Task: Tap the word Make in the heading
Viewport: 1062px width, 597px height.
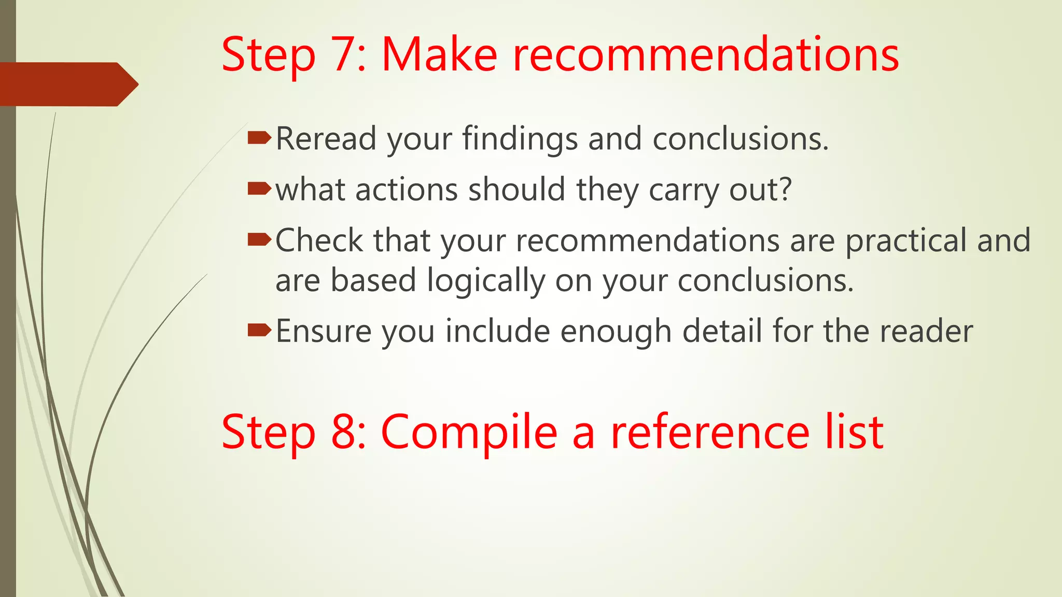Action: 439,55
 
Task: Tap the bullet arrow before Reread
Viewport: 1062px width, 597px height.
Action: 259,138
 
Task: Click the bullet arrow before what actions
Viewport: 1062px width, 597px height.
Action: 259,188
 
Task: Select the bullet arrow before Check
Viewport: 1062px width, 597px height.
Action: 259,239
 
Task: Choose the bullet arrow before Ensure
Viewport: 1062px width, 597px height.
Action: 259,330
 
